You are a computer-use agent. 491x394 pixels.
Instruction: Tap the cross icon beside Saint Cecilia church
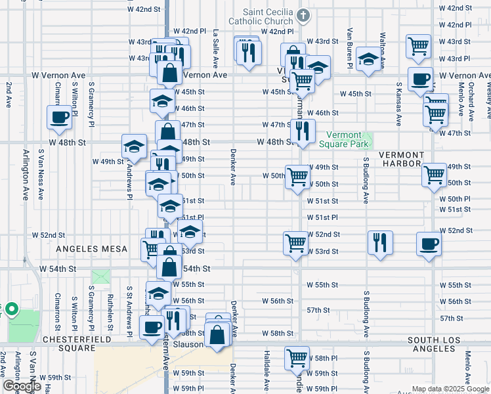303,15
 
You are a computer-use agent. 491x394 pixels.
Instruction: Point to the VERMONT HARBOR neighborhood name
401,154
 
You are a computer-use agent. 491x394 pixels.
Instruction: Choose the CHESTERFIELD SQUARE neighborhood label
79,339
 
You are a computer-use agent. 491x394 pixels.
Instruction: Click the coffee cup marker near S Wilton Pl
58,117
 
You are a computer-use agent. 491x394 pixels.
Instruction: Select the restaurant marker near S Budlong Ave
380,242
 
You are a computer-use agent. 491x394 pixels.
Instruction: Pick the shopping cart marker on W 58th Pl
297,359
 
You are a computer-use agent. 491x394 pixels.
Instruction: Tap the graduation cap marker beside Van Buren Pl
369,60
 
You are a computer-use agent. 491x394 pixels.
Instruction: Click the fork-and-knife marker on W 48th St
303,131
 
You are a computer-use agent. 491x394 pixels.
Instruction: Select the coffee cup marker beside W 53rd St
429,244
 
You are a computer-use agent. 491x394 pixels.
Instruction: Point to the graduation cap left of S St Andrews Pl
134,146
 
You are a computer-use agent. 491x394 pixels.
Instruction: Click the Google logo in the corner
22,387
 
